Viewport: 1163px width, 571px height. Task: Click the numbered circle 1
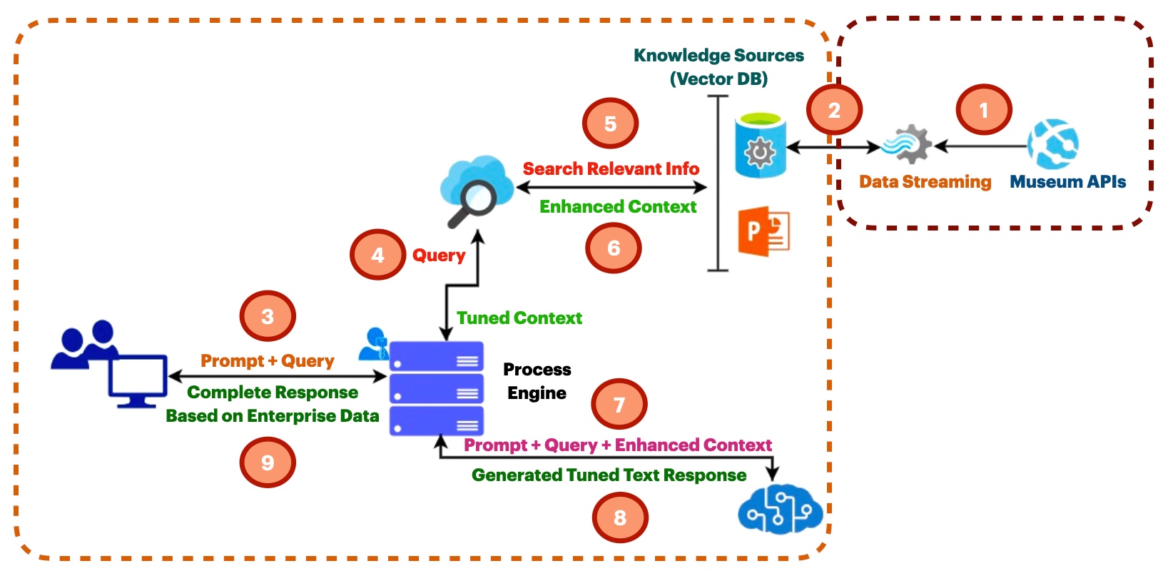click(984, 110)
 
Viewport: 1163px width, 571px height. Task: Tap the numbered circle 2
click(834, 110)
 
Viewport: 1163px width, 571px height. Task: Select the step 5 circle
click(610, 123)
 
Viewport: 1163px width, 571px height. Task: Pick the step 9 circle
click(268, 463)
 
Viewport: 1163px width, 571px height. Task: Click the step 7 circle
click(619, 405)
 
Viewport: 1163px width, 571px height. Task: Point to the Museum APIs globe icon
click(1053, 143)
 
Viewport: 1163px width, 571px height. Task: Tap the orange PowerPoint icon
click(764, 231)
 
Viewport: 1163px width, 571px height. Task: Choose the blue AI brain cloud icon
click(780, 510)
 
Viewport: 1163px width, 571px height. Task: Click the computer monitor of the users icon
click(138, 380)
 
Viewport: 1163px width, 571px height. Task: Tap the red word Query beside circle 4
click(439, 255)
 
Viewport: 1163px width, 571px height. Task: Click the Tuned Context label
click(519, 318)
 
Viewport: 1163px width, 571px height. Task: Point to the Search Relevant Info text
click(611, 169)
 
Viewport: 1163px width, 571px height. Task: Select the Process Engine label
click(537, 381)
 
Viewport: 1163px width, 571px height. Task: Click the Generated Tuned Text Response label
click(609, 475)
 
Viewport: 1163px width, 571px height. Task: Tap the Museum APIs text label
click(1067, 182)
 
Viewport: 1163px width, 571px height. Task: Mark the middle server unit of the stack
click(437, 389)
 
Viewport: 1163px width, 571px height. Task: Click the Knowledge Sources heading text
click(718, 56)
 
